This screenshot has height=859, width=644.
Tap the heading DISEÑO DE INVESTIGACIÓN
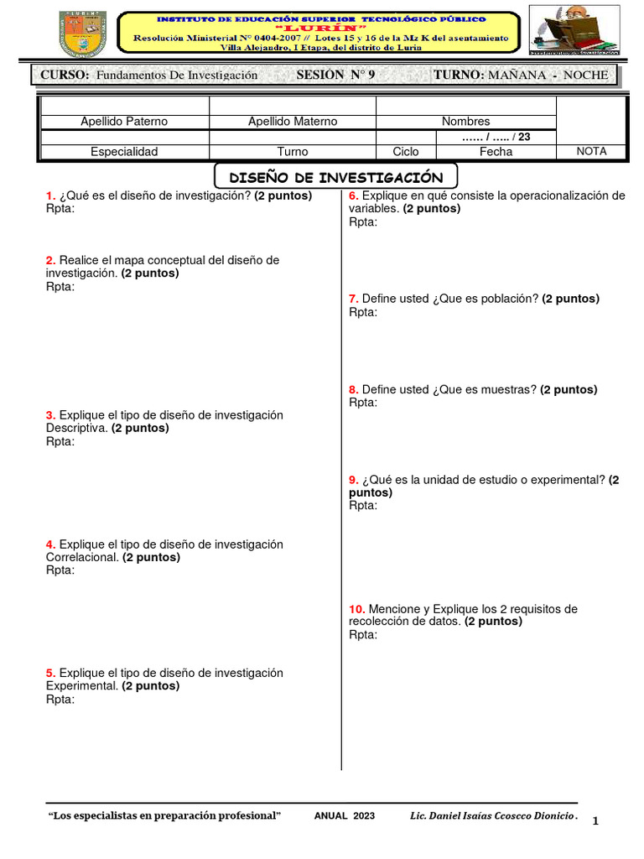[335, 177]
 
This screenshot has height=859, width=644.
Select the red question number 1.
[50, 195]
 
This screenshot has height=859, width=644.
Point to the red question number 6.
[353, 195]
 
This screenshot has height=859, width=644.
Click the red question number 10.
[356, 609]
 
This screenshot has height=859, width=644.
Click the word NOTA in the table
[591, 151]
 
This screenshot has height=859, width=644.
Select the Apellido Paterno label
[123, 122]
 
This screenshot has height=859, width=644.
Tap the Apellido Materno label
[293, 122]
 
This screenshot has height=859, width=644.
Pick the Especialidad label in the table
[124, 152]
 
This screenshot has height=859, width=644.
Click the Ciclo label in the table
[406, 152]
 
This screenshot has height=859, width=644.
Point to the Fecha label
[496, 152]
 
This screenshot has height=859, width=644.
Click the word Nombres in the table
[465, 122]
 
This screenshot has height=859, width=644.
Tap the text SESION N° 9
[336, 75]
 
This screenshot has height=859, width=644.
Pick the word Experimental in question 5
[81, 686]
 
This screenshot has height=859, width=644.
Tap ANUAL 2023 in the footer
[345, 816]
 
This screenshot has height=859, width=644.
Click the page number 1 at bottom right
[595, 821]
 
